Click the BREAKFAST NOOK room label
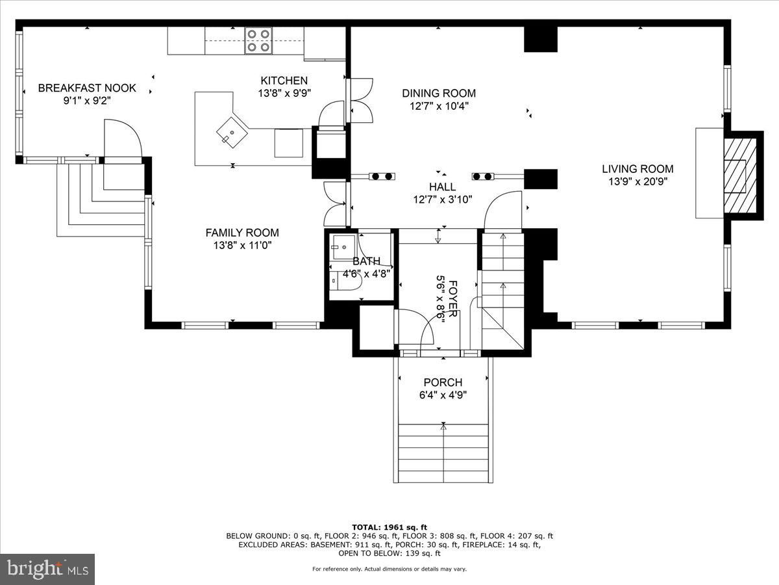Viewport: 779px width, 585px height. pos(87,88)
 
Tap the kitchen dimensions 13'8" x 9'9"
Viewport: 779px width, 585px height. pos(284,93)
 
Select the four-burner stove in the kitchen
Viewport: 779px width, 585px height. pos(258,40)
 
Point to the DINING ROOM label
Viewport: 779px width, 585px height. pos(439,93)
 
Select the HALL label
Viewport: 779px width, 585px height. pos(442,187)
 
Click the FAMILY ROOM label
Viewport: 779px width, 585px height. pos(242,233)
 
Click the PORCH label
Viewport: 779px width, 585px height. pos(443,383)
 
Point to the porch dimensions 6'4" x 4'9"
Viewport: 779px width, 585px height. pos(443,395)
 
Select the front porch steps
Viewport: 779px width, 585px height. pos(443,453)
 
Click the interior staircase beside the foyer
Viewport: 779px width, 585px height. pos(502,286)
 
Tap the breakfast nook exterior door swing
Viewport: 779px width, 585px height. pos(122,138)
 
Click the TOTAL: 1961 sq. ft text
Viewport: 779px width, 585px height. pos(389,527)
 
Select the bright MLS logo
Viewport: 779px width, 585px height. pos(47,569)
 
